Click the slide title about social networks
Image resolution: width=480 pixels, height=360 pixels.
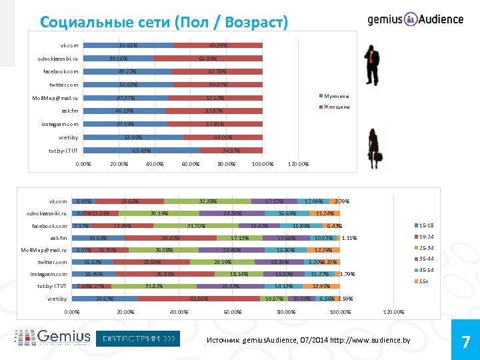click(x=163, y=22)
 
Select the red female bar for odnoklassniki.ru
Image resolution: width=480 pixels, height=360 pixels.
click(x=209, y=59)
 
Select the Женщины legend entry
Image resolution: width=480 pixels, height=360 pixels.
click(x=335, y=107)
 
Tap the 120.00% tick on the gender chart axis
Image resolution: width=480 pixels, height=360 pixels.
click(x=297, y=164)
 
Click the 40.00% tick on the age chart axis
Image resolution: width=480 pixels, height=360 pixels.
click(x=179, y=311)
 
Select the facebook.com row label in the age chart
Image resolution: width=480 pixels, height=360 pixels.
click(x=51, y=226)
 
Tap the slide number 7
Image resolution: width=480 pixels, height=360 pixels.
click(x=465, y=342)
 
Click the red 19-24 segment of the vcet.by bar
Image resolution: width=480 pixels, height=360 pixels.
click(x=198, y=299)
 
